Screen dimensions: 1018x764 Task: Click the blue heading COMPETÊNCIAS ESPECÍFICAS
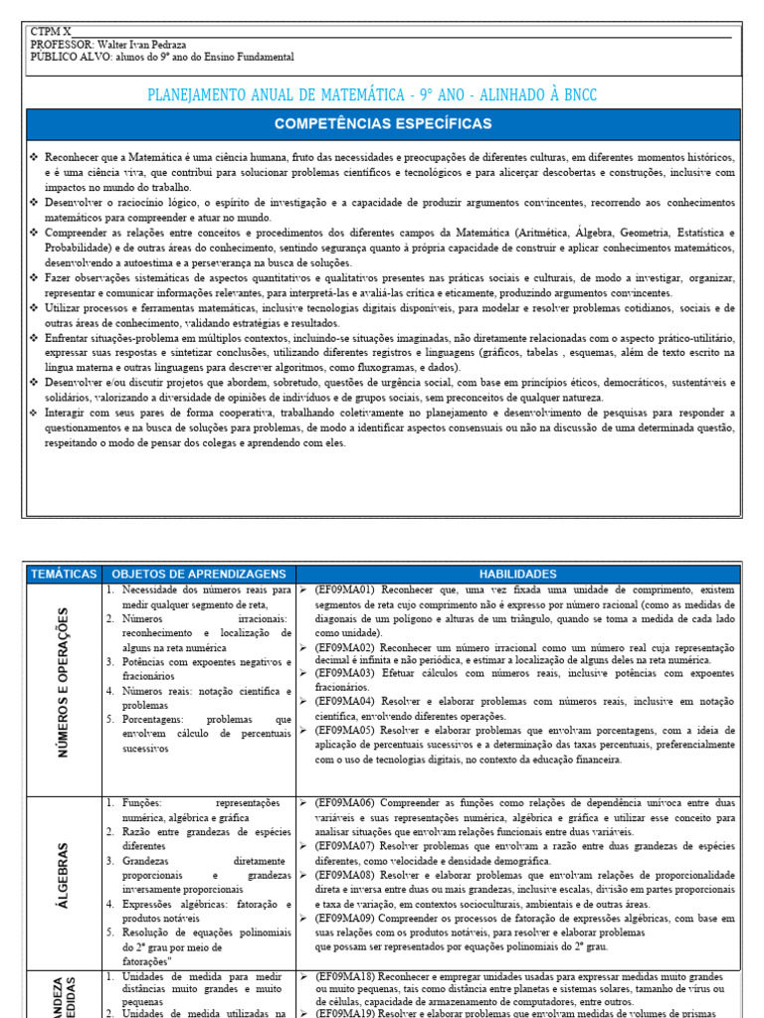[383, 124]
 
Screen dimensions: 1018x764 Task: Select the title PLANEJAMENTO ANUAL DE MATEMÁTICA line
[372, 95]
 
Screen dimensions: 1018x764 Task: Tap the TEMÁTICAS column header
[64, 574]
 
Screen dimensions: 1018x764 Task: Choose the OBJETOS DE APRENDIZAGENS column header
[199, 574]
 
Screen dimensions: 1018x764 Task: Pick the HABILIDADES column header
[518, 574]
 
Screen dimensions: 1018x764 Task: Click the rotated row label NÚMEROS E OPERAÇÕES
[65, 683]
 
